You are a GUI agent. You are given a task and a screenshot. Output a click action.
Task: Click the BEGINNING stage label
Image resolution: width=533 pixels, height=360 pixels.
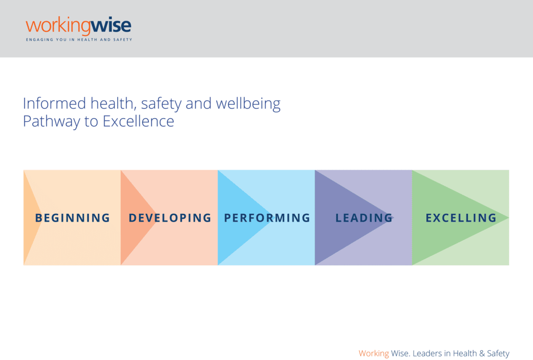point(73,217)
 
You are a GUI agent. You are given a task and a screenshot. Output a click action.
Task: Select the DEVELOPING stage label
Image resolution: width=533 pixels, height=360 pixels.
point(170,217)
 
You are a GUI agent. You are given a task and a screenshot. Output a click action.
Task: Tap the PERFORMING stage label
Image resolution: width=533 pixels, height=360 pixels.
point(267,217)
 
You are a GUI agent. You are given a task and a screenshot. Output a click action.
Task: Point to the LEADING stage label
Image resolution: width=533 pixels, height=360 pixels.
point(364,217)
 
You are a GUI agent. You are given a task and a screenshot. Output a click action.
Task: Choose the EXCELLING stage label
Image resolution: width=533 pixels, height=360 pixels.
point(461,217)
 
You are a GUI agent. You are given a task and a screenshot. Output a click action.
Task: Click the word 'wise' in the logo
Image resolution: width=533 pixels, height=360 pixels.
point(111,26)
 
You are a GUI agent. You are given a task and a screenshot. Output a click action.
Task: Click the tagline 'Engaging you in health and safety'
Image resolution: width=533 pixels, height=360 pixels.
point(79,40)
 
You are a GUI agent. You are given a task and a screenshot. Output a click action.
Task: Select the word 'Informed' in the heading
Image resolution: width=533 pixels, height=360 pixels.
point(54,103)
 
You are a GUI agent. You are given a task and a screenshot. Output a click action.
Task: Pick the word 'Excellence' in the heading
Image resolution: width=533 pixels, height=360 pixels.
point(138,121)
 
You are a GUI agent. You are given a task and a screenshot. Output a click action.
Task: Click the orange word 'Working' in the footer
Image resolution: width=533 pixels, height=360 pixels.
point(374,354)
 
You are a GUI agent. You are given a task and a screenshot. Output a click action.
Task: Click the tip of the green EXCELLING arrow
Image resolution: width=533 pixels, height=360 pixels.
point(509,217)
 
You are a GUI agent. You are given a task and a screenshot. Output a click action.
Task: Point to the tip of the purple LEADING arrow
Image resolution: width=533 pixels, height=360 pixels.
point(394,217)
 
